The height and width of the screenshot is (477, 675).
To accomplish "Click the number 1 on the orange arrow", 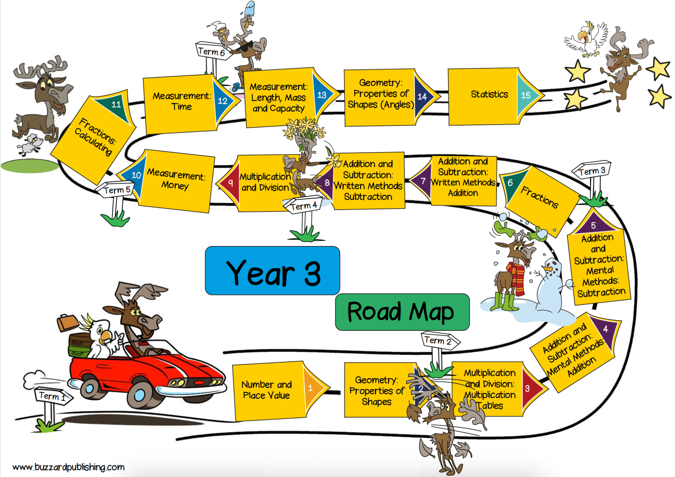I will (x=310, y=388).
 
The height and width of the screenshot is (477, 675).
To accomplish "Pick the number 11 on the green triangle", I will (x=116, y=104).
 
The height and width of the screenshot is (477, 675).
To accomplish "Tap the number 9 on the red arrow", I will (x=231, y=183).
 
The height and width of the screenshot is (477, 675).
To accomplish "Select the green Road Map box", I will (x=402, y=312).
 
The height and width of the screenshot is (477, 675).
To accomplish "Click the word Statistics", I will (x=489, y=94).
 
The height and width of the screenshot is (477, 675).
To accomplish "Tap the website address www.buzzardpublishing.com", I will (x=68, y=467).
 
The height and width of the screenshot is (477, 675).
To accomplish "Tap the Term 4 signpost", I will (x=303, y=206).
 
